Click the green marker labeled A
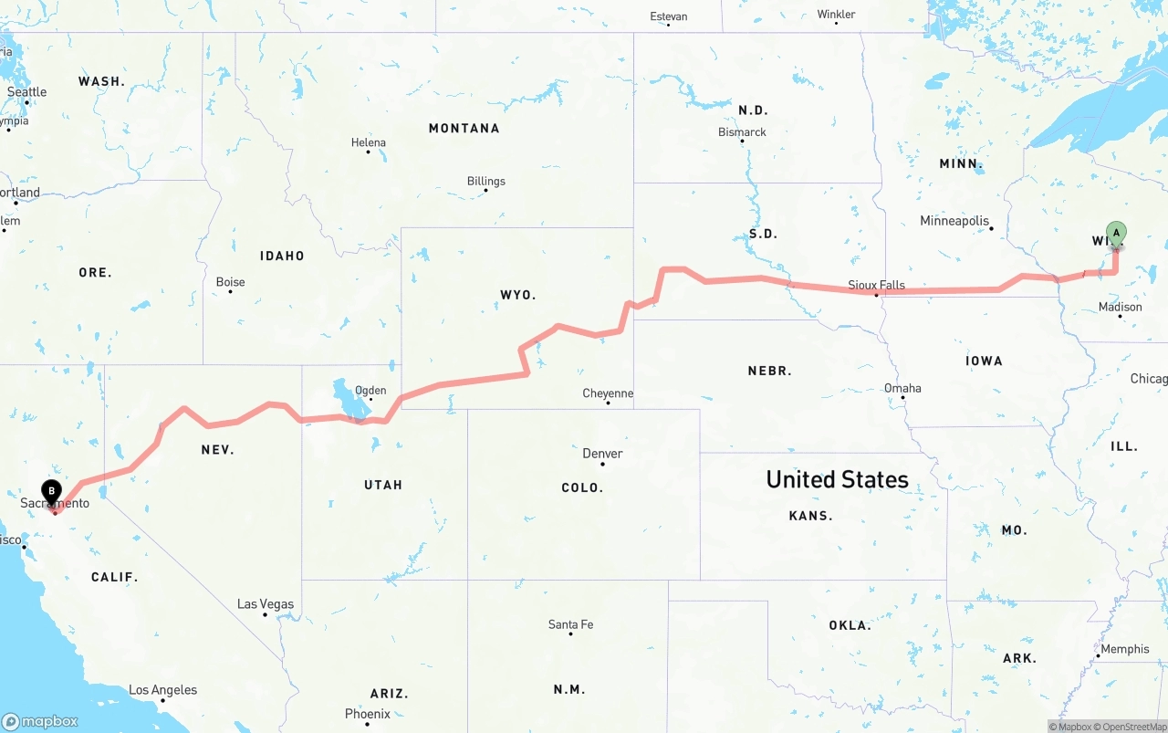[1116, 233]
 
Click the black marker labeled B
[52, 491]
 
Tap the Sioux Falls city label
[876, 285]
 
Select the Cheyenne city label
[608, 393]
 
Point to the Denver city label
[602, 454]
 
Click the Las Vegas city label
[266, 604]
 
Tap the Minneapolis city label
[954, 221]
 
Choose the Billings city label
[485, 181]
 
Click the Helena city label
[369, 142]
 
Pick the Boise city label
[230, 282]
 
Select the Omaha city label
[902, 388]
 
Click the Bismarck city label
[742, 132]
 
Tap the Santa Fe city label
[570, 624]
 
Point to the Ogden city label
[370, 391]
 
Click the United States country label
[837, 479]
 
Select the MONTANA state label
[464, 129]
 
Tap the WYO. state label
[518, 295]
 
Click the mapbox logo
[40, 721]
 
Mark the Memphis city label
[1125, 649]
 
